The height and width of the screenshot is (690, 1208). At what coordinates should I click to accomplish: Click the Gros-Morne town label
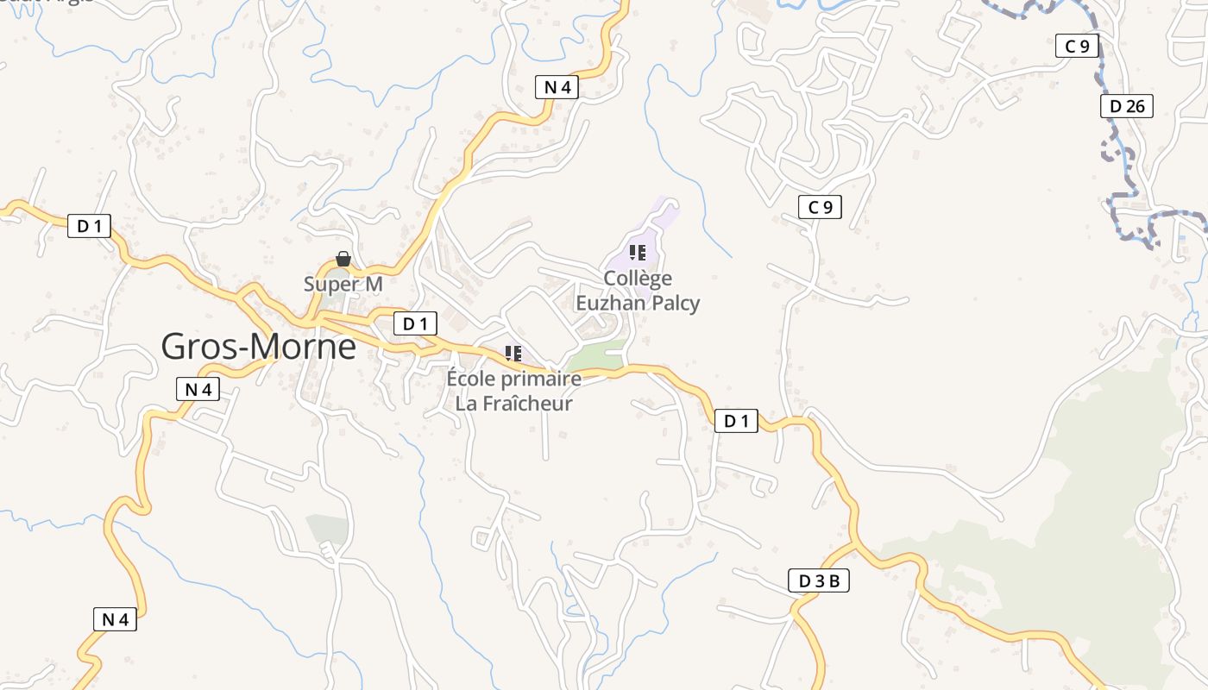[258, 347]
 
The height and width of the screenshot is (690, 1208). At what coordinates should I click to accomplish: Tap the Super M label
[343, 284]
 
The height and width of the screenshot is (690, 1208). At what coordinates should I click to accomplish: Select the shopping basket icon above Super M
[343, 259]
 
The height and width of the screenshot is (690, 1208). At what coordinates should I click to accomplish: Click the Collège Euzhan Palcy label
[638, 291]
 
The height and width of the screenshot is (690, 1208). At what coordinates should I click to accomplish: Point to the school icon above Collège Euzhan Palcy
[638, 253]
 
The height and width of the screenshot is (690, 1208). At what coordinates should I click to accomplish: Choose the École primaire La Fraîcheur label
[514, 391]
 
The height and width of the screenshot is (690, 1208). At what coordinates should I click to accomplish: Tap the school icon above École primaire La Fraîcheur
[513, 353]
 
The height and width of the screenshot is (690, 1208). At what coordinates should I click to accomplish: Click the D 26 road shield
[1127, 106]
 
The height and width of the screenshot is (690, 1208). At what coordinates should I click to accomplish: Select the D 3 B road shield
[819, 581]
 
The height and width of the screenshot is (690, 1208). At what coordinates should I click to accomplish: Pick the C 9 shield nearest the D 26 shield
[1077, 46]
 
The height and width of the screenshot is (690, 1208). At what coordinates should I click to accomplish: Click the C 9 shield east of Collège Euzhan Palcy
[820, 207]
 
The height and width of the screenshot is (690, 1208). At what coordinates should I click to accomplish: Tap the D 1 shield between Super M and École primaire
[415, 323]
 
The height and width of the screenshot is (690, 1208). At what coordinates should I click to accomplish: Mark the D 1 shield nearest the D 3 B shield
[736, 421]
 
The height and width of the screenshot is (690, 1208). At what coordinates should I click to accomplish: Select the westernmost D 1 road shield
[89, 226]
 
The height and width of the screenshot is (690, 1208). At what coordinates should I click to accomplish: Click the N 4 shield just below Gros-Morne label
[198, 389]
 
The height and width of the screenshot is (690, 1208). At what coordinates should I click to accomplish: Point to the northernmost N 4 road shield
[556, 86]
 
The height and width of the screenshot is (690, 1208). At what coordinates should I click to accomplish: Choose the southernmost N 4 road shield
[115, 618]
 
